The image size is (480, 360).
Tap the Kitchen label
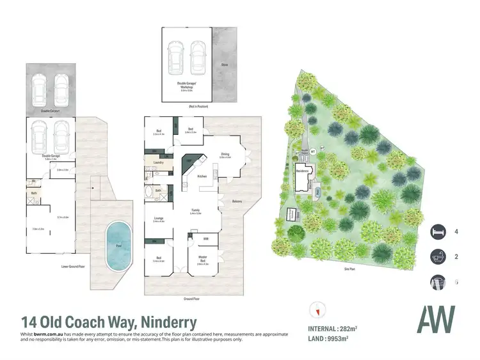(201, 176)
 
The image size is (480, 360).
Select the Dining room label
(225, 154)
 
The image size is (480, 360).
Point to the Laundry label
(160, 163)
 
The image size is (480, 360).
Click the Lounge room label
(159, 218)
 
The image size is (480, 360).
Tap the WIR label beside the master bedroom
(205, 239)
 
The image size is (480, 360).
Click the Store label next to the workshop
(225, 65)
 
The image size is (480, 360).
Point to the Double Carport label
(51, 111)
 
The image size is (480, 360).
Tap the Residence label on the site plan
(302, 171)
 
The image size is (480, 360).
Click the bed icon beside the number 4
(438, 231)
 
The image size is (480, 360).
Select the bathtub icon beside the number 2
(438, 257)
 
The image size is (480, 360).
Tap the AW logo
(436, 319)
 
